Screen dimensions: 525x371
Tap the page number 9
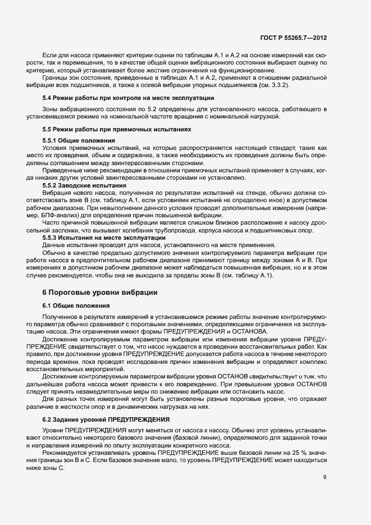click(325, 477)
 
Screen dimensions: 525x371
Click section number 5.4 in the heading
click(48, 99)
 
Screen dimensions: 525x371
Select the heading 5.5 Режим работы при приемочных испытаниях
click(117, 129)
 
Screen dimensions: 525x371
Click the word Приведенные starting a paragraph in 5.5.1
click(63, 170)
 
